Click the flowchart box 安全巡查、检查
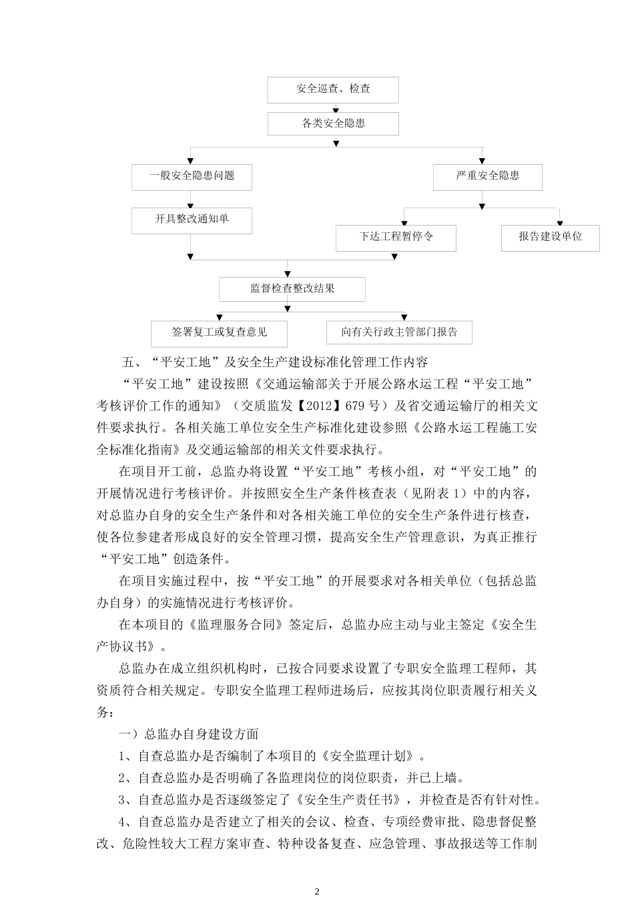coord(332,89)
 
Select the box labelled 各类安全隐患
coord(333,123)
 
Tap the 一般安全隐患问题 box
coord(192,176)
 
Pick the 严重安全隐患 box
coord(487,176)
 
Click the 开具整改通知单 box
coord(192,220)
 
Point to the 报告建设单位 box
coord(550,237)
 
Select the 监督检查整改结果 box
coord(292,289)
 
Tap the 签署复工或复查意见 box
coord(219,332)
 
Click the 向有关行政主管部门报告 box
coord(399,332)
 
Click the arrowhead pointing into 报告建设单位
coord(559,221)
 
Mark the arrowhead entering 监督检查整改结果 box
coord(287,274)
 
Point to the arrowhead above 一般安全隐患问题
coord(191,160)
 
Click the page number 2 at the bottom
coord(317,891)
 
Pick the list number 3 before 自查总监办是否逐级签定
coord(122,800)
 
